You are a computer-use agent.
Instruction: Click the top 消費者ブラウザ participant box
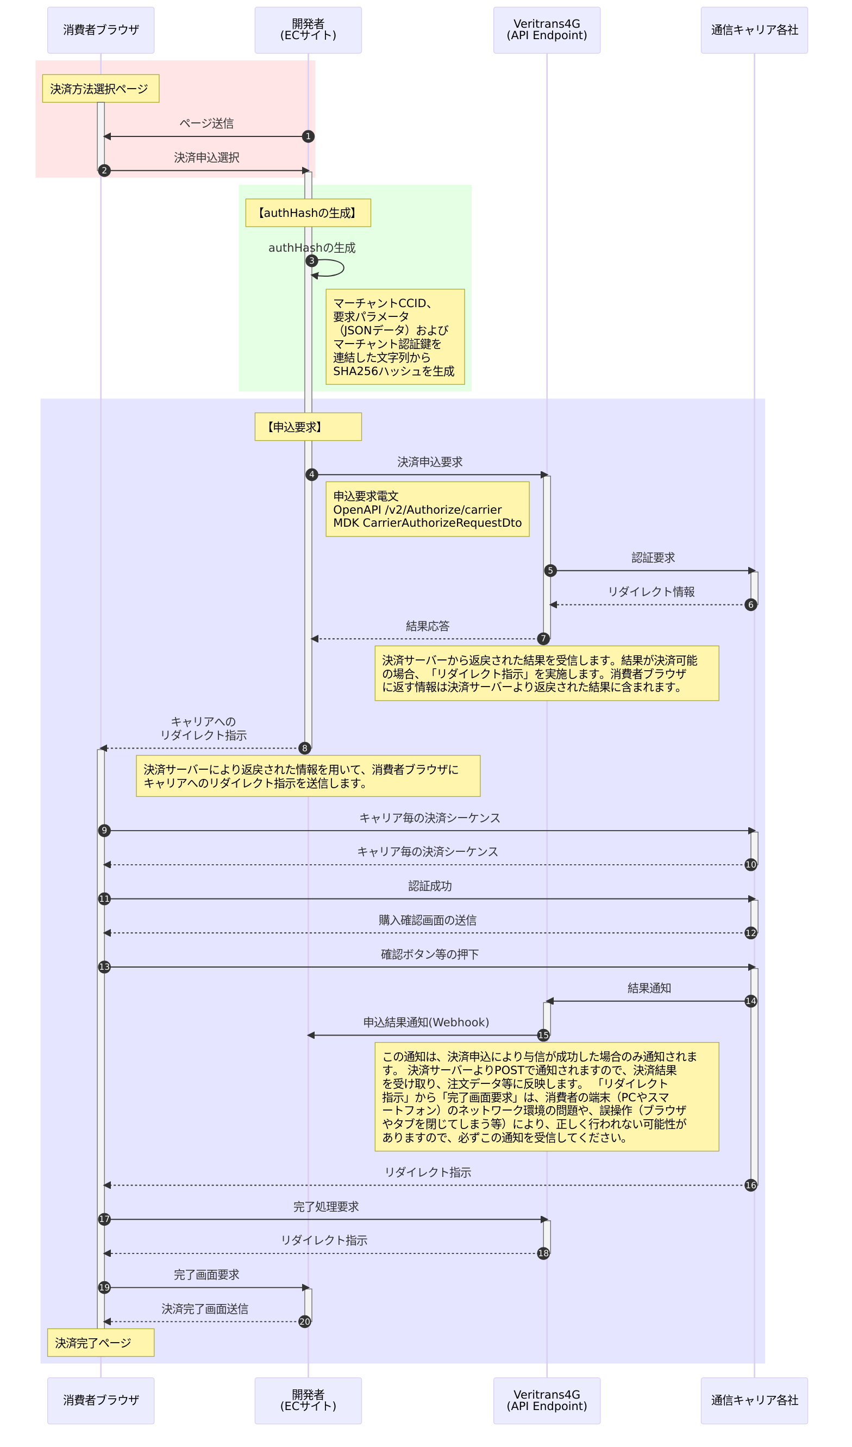click(x=101, y=30)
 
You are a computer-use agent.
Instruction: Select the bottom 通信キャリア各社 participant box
click(x=754, y=1400)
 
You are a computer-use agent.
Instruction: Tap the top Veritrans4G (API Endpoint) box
click(x=547, y=30)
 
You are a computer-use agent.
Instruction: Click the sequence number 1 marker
click(x=308, y=136)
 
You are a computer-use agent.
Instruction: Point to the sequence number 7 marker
click(x=543, y=639)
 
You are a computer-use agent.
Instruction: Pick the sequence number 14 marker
click(x=750, y=1001)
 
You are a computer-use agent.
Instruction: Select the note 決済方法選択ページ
click(x=101, y=89)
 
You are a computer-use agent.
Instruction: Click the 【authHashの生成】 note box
click(x=308, y=213)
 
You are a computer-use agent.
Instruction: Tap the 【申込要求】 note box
click(x=308, y=427)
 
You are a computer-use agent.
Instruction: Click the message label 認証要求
click(x=653, y=558)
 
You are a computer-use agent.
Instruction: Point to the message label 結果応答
click(x=427, y=626)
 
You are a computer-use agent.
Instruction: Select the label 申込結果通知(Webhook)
click(x=426, y=1022)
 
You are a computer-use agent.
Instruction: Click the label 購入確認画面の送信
click(x=427, y=920)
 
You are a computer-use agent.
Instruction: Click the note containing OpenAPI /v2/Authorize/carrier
click(x=427, y=509)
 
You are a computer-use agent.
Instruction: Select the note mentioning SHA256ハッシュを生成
click(x=395, y=337)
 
